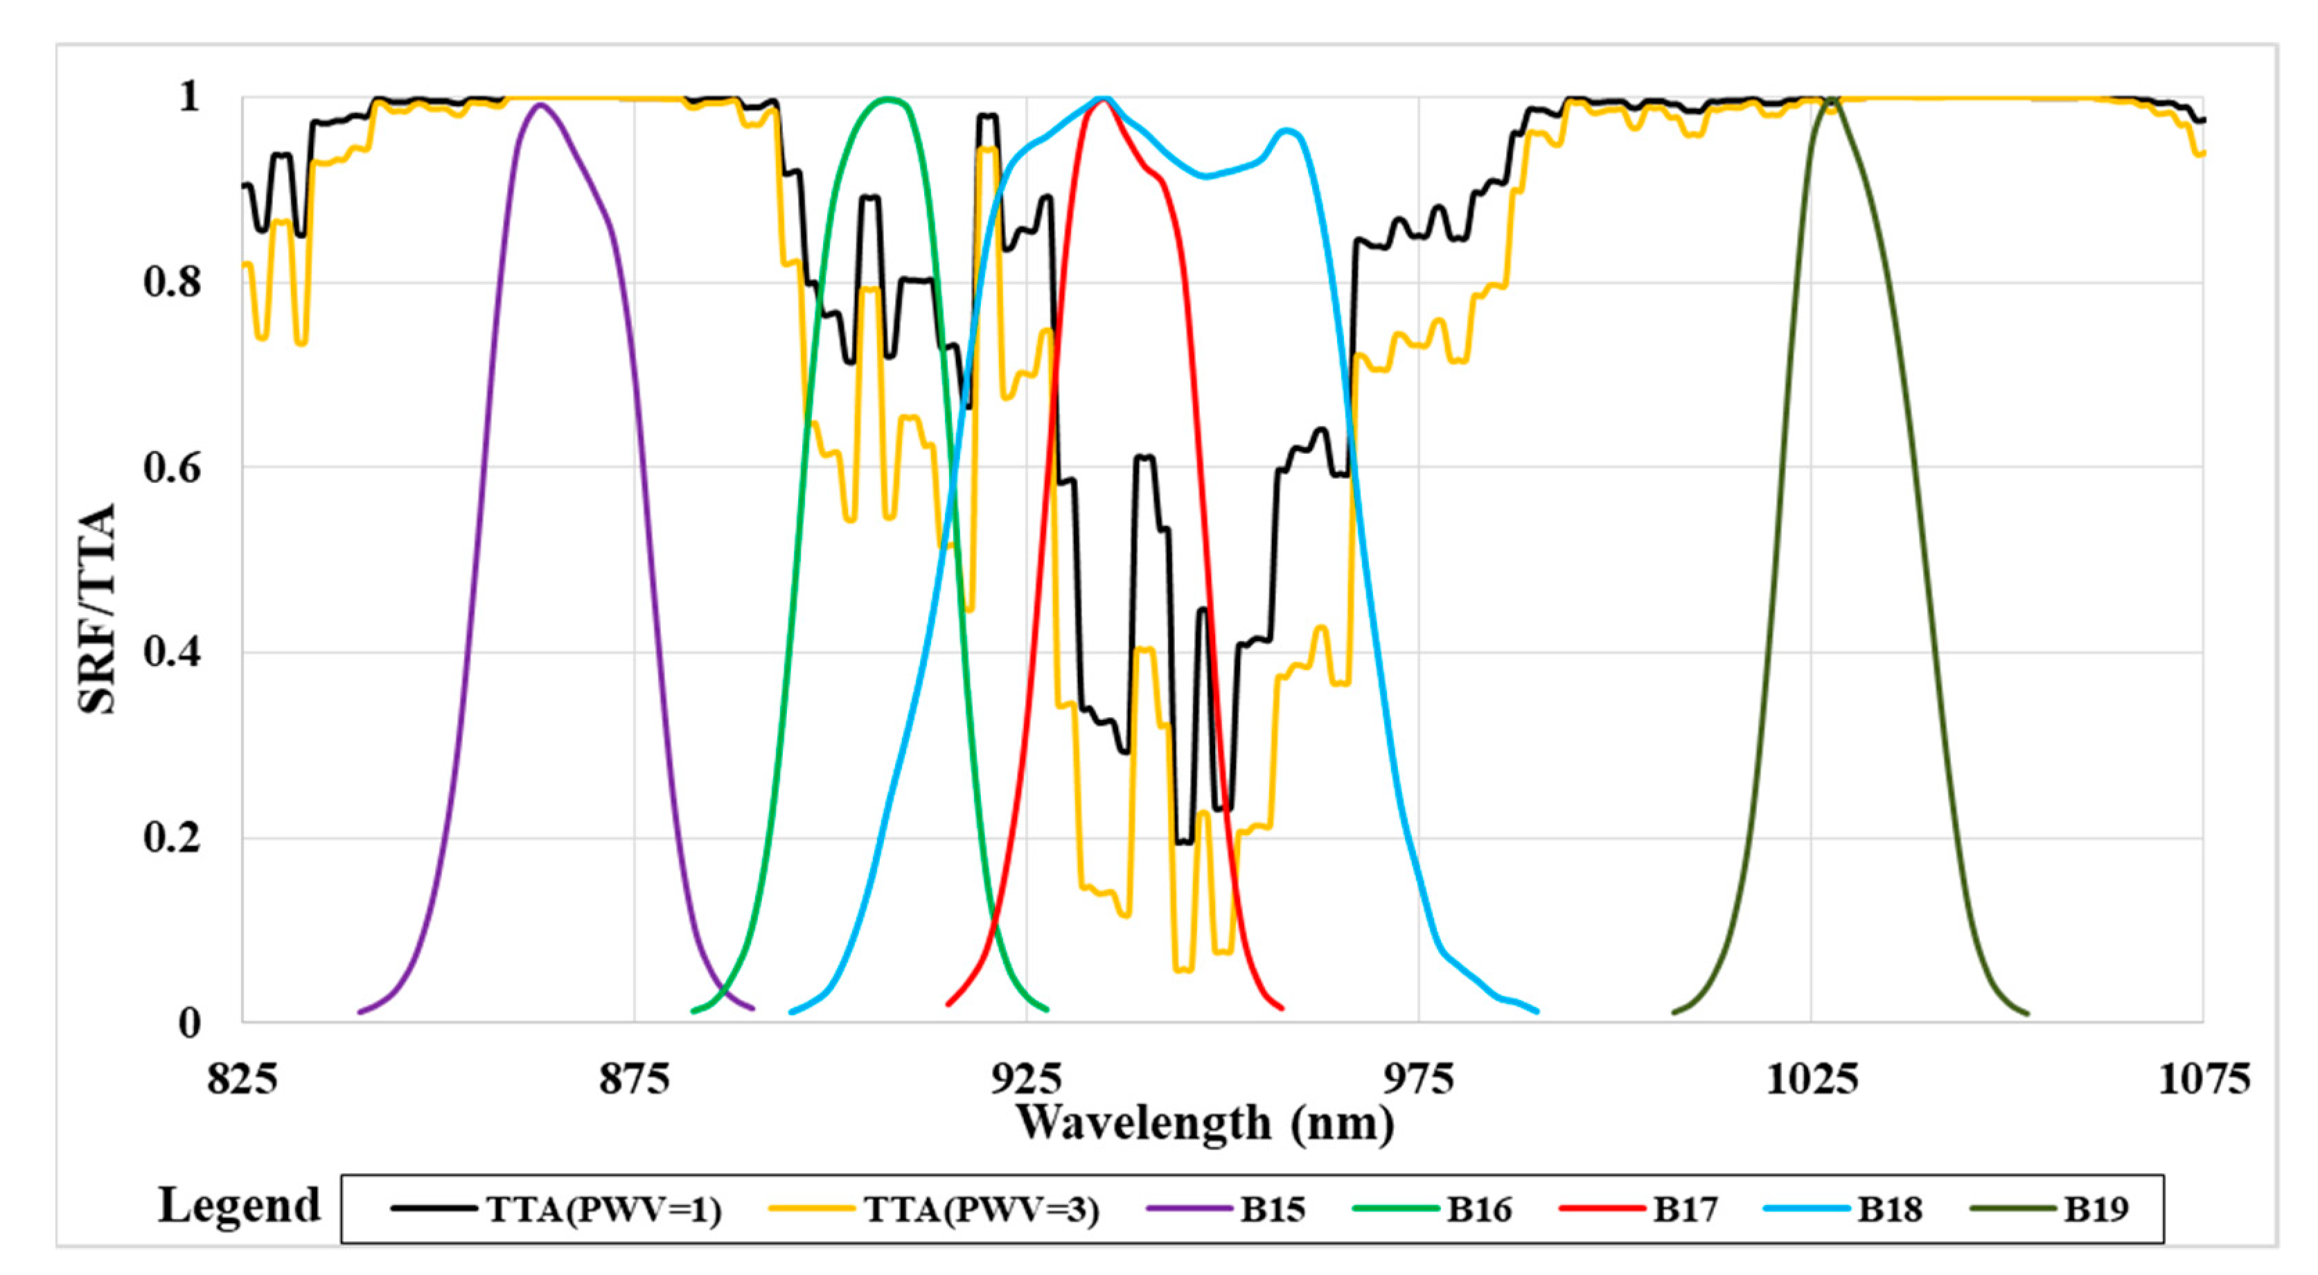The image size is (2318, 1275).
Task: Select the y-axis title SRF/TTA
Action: [97, 608]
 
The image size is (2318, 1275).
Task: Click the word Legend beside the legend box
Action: [240, 1206]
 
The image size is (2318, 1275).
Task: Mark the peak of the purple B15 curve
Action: [540, 105]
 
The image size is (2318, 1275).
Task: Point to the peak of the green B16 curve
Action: [888, 98]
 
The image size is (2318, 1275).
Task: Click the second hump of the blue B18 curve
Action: [1288, 132]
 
